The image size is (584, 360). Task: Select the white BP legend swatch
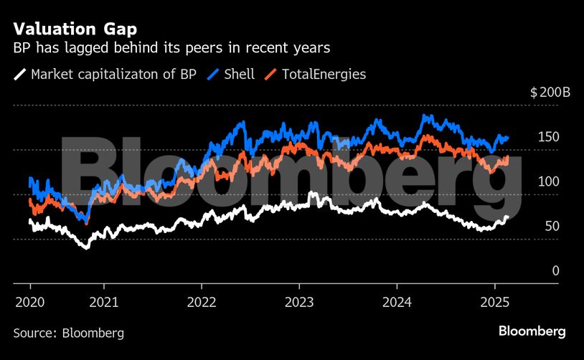[x=21, y=74]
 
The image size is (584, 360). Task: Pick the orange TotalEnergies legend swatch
[x=271, y=74]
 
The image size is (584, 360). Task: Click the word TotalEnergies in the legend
[x=324, y=74]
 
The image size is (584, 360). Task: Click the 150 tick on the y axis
[x=548, y=137]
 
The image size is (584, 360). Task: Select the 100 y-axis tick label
[x=548, y=181]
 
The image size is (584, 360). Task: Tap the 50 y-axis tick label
[x=551, y=226]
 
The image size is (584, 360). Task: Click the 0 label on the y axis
[x=555, y=270]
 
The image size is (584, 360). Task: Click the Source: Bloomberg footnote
[x=69, y=333]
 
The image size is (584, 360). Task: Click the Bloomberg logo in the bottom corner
[x=532, y=331]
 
